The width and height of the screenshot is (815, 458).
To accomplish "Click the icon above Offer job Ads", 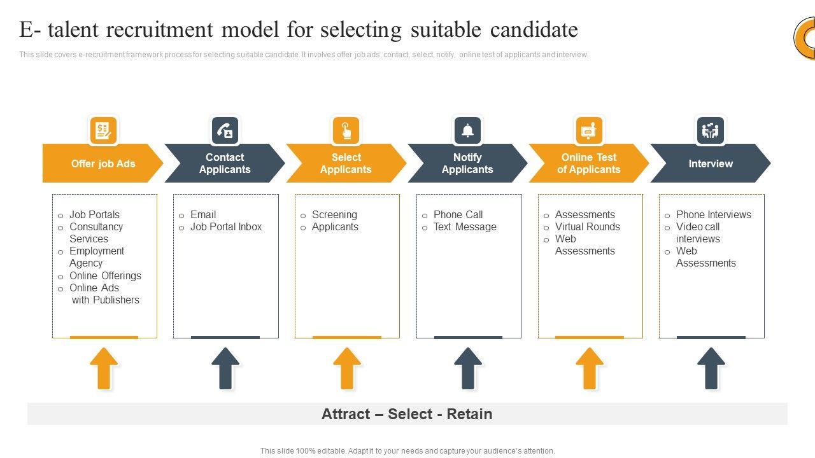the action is click(103, 130).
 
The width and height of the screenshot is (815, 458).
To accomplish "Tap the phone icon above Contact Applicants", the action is click(225, 130).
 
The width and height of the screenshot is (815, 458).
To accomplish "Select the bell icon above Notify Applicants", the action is click(467, 130).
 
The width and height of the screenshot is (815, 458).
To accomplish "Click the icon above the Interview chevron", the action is click(711, 130).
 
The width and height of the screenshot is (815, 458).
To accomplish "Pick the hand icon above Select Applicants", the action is click(346, 130).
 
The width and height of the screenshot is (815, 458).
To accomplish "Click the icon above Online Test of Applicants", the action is click(589, 130).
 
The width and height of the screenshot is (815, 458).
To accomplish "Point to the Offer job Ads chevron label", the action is click(103, 163).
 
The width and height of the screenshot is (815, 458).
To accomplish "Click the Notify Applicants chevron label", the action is click(467, 163).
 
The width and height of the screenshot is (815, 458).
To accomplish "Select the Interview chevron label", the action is click(711, 163).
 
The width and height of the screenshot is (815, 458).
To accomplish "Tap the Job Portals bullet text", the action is click(94, 215).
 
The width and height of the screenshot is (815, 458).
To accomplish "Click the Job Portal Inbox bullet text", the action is click(226, 227).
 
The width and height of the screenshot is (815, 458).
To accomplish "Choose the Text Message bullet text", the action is click(465, 227).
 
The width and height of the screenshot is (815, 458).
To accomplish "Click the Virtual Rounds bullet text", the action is click(587, 227).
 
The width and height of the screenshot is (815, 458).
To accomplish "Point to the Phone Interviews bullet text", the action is click(713, 215).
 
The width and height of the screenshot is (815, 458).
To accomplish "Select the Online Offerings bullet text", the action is click(105, 276).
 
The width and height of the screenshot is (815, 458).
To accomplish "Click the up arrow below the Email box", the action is click(225, 368).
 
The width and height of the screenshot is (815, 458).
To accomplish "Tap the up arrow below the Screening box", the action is click(347, 368).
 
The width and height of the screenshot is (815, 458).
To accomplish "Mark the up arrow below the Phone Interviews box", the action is click(711, 368).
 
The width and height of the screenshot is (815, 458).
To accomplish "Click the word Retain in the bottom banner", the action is click(469, 414).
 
